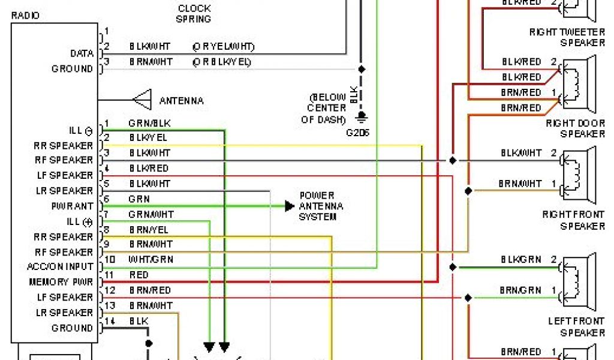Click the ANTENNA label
(x=181, y=100)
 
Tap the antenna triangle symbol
(x=142, y=100)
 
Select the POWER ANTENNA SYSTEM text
(x=321, y=206)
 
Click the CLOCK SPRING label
(x=194, y=13)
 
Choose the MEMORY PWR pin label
(x=61, y=281)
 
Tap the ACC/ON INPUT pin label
(x=60, y=266)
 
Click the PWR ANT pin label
(x=72, y=206)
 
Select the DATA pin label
(x=82, y=53)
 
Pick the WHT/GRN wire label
(x=151, y=260)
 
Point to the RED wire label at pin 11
(x=139, y=275)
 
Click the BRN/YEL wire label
(x=148, y=229)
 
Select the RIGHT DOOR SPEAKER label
(x=575, y=128)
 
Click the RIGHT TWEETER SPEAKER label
(x=567, y=37)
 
